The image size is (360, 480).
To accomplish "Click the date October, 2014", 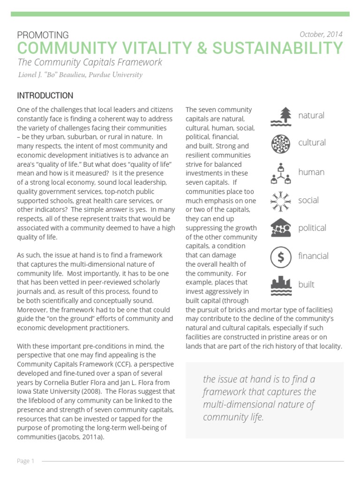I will tap(321, 34).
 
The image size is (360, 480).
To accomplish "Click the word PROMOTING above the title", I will tap(43, 35).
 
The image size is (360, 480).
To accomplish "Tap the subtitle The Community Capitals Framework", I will tap(90, 62).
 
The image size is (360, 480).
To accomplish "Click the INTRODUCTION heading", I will tap(45, 96).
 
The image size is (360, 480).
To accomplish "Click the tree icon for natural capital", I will tap(281, 117).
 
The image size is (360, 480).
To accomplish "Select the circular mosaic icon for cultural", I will tap(281, 143).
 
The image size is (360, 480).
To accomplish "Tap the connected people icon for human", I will tap(281, 172).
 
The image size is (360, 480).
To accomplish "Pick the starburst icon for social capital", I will tap(281, 201).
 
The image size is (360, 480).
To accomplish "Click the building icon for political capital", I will tap(281, 228).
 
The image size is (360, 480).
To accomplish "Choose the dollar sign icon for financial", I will tap(281, 256).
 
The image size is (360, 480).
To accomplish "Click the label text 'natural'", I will tap(311, 115).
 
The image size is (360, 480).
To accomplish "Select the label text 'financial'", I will tap(313, 256).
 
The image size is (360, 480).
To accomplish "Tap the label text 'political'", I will tap(312, 228).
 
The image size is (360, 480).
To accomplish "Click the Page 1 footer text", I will tap(26, 461).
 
